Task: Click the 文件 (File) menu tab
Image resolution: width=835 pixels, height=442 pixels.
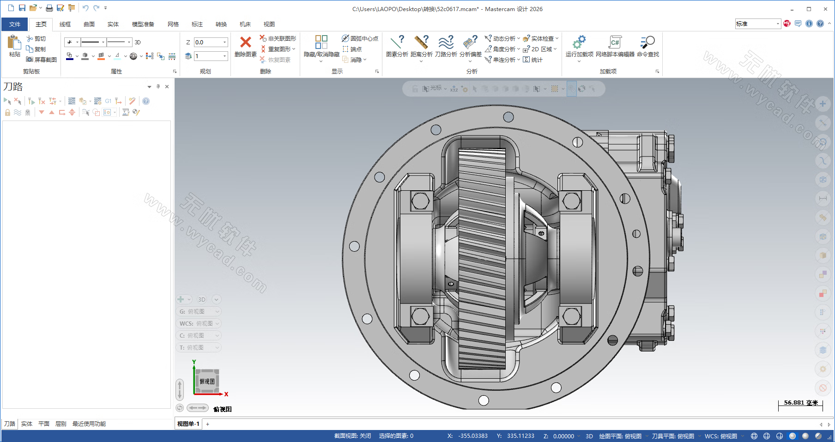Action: coord(15,24)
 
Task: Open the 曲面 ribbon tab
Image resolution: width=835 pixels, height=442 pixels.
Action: coord(89,24)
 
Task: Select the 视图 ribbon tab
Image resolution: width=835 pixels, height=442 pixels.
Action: coord(269,24)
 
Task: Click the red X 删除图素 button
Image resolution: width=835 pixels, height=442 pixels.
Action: coord(246,42)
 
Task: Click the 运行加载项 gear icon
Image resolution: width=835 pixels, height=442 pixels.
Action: coord(579,42)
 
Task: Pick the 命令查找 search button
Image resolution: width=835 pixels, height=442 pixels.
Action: coord(647,42)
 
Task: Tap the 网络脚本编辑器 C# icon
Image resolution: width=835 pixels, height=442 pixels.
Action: coord(615,42)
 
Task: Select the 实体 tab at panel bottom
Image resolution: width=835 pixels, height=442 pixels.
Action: coord(27,424)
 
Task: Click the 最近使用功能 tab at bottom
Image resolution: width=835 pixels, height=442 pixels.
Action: coord(89,424)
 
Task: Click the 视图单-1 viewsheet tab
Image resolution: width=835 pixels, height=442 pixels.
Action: coord(188,424)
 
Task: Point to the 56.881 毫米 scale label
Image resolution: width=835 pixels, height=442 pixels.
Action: coord(800,403)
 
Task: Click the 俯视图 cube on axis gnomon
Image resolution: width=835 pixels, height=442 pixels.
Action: coord(207,381)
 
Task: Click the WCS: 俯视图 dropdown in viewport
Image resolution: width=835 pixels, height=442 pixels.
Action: coord(198,323)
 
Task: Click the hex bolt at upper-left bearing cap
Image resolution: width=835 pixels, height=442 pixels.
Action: coord(420,201)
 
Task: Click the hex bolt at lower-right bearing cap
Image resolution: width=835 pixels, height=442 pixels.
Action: coord(571,316)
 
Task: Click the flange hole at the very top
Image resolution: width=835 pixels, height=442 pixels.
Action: coord(508,117)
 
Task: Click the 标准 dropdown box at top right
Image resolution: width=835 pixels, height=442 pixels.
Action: coord(757,24)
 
